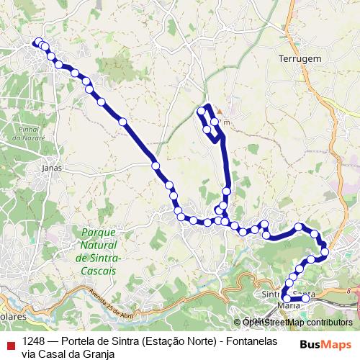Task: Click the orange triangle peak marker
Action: pos(219,111)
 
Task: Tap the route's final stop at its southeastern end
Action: pos(305,298)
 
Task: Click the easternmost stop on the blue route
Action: pos(325,251)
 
